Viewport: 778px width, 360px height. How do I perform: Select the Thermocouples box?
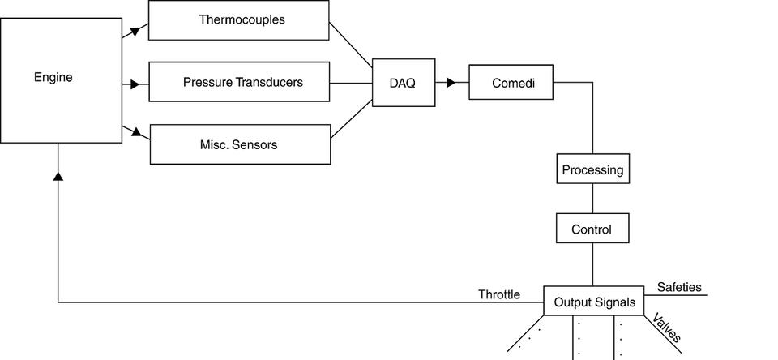click(x=240, y=19)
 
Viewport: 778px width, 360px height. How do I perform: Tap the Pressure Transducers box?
click(x=240, y=82)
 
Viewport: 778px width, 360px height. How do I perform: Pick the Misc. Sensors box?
click(x=240, y=144)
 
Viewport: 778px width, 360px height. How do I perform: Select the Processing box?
click(x=592, y=169)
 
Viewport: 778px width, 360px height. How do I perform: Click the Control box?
click(x=592, y=229)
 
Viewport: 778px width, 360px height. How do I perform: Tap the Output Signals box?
click(x=594, y=302)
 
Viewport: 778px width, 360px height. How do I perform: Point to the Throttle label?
click(x=499, y=294)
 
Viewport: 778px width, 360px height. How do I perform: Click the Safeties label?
click(x=679, y=287)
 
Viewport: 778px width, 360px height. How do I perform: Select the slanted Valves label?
click(x=667, y=328)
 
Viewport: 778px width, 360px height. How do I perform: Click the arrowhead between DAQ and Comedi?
click(x=451, y=82)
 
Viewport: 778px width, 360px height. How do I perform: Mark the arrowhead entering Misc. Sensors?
click(x=139, y=132)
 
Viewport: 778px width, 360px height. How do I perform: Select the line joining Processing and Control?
click(x=592, y=199)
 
